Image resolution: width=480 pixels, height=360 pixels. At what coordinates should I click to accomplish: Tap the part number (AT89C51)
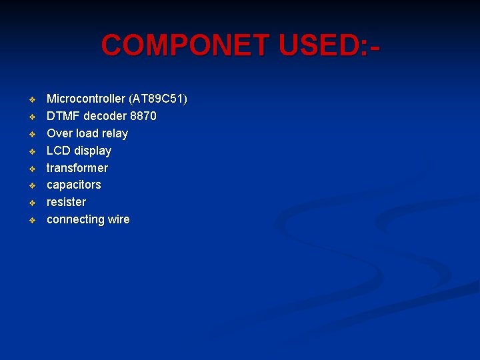158,99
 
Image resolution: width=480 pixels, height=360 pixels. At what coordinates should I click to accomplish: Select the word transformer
77,168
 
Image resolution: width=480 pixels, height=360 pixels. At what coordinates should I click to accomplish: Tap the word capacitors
73,185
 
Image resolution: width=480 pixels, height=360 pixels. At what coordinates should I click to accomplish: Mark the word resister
66,202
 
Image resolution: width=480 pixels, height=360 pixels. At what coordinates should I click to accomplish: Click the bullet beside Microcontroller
31,100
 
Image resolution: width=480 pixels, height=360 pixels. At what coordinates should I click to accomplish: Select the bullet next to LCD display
31,151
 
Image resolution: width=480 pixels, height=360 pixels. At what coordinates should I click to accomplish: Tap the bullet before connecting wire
31,220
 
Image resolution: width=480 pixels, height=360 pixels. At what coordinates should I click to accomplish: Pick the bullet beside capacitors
31,185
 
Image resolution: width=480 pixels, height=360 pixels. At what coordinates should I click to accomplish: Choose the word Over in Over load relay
59,133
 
